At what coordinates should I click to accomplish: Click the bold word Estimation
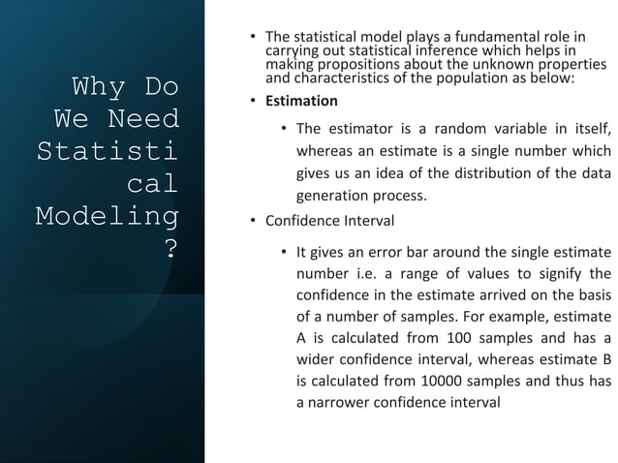coord(303,101)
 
